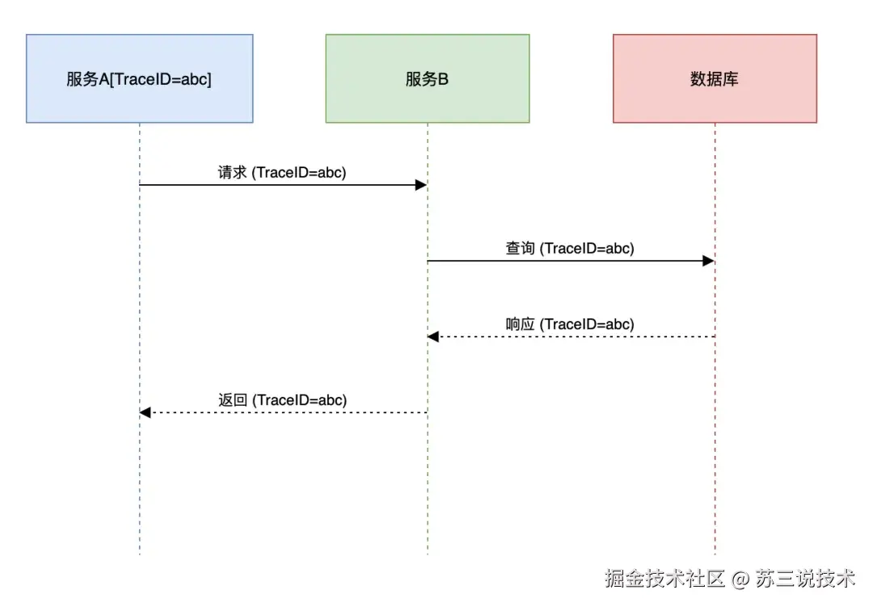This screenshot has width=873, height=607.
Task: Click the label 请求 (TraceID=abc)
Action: click(281, 172)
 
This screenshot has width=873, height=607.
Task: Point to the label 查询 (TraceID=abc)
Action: click(570, 248)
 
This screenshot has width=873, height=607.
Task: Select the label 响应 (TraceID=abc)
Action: click(570, 324)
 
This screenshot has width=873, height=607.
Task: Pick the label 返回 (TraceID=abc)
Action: click(281, 400)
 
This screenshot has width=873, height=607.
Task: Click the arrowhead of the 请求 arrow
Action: click(420, 185)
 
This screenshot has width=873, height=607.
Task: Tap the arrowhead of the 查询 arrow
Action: click(708, 261)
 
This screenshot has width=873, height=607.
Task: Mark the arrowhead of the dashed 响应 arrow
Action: click(433, 337)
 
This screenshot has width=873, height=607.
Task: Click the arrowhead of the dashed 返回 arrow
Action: click(145, 413)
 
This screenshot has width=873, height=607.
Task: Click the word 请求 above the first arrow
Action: click(232, 172)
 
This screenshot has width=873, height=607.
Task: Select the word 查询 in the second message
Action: click(520, 248)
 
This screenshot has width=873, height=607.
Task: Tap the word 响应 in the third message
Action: click(521, 324)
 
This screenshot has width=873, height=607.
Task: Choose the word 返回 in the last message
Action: click(232, 400)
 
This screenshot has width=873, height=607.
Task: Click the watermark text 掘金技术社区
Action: click(665, 579)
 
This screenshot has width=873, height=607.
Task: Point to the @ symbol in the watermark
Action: click(740, 580)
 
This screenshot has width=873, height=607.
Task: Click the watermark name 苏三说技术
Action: click(805, 579)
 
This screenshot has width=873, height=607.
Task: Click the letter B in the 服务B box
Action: click(443, 79)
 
